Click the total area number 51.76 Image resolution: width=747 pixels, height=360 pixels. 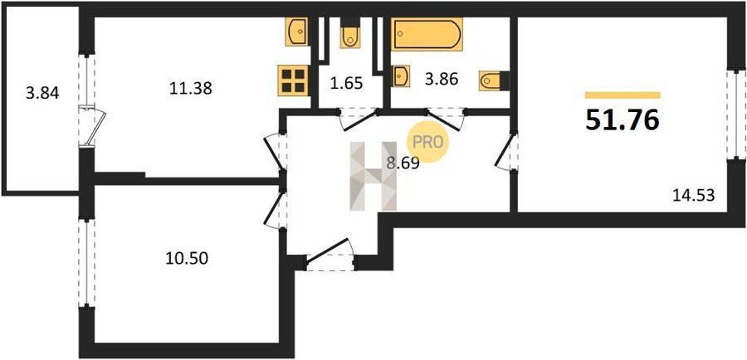point(622,119)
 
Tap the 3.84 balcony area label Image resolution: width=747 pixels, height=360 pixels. point(43,94)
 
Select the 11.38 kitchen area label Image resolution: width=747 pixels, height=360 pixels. point(191,88)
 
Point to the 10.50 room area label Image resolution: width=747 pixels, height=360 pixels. point(188,259)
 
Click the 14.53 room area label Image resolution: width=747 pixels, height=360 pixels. point(694,195)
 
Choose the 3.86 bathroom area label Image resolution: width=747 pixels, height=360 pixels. point(442,79)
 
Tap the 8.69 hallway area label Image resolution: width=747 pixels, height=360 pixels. point(403,163)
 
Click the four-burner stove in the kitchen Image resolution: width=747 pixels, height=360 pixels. point(293,80)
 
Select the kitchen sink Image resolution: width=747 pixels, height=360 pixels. point(295,32)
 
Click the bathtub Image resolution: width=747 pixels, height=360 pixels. point(427,34)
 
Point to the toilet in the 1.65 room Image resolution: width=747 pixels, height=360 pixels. point(350,33)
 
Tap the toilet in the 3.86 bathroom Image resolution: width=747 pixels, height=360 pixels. point(495,80)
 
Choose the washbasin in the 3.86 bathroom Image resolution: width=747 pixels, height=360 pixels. point(401,76)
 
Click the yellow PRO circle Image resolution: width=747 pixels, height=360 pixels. point(427,143)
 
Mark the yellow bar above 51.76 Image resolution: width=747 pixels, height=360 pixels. point(622,95)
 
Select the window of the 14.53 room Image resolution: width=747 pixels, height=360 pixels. point(736,114)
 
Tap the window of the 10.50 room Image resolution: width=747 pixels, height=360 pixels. point(86,263)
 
